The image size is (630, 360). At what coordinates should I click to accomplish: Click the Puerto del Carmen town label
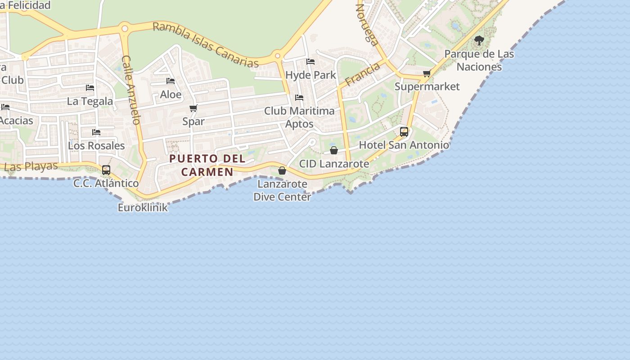(x=207, y=165)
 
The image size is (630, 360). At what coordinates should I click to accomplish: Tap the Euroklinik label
(x=143, y=207)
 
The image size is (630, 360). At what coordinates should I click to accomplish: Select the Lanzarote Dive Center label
(x=282, y=190)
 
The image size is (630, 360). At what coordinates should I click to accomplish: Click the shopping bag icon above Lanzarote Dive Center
(x=282, y=171)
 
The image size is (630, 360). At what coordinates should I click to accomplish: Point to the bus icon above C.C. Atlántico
(x=106, y=170)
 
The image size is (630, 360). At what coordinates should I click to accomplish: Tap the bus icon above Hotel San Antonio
(x=404, y=131)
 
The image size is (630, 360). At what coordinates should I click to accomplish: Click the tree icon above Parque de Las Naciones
(x=479, y=40)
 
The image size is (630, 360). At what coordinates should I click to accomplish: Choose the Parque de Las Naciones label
(x=479, y=60)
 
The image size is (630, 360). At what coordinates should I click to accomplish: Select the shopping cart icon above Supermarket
(x=427, y=73)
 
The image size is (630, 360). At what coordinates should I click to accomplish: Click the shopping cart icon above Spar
(x=193, y=108)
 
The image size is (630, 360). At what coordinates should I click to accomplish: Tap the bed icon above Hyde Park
(x=310, y=62)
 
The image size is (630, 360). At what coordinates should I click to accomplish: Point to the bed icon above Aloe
(x=171, y=81)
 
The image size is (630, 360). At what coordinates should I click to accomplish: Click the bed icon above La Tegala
(x=90, y=88)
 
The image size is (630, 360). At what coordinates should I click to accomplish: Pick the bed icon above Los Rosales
(x=96, y=132)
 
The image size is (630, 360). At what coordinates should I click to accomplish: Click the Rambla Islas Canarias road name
(x=206, y=44)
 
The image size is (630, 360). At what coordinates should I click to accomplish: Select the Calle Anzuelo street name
(x=131, y=90)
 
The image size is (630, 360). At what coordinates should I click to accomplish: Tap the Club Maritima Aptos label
(x=299, y=117)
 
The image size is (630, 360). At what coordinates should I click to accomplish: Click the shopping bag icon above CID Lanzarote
(x=334, y=150)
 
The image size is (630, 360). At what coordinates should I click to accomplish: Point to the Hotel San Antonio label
(x=404, y=145)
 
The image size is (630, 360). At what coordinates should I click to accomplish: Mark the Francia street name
(x=363, y=74)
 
